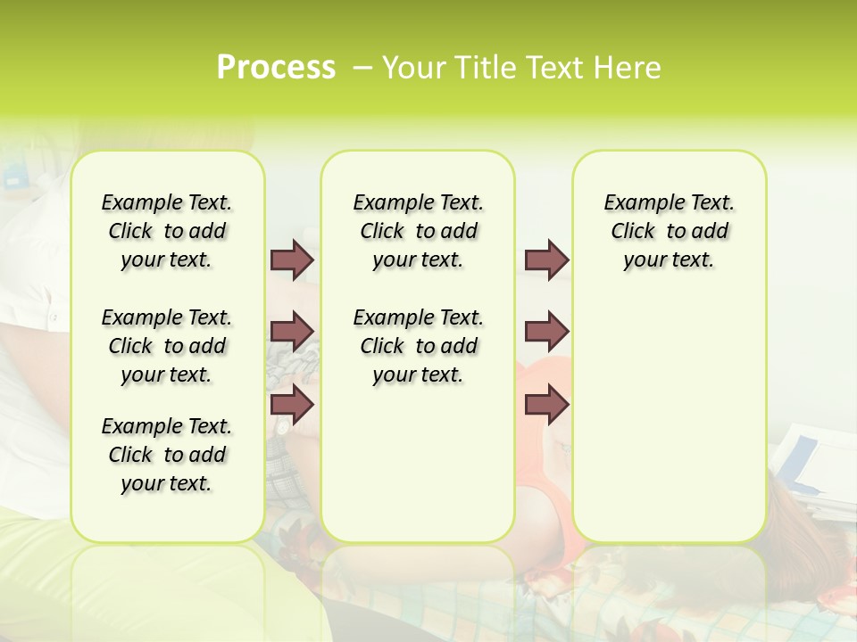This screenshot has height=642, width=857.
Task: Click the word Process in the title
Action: coord(276,68)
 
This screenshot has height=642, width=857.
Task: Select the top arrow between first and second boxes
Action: coord(292,259)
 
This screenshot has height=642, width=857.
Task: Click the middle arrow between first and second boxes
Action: coord(292,332)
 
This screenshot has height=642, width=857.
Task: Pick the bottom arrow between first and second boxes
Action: coord(292,404)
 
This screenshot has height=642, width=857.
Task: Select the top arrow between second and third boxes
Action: coord(546,259)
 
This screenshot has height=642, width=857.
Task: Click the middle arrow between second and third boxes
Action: coord(546,332)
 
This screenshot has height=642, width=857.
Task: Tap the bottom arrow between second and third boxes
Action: coord(546,404)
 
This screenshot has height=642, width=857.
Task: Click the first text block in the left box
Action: coord(167,231)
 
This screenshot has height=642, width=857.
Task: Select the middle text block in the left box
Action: coord(167,346)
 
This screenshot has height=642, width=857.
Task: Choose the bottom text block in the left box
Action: coord(167,455)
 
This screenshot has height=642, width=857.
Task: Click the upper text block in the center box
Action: coord(418,231)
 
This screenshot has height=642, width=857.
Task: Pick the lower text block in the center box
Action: coord(418,346)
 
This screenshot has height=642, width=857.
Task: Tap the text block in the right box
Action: coord(669,231)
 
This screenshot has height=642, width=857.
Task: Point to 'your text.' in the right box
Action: coord(669,259)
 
